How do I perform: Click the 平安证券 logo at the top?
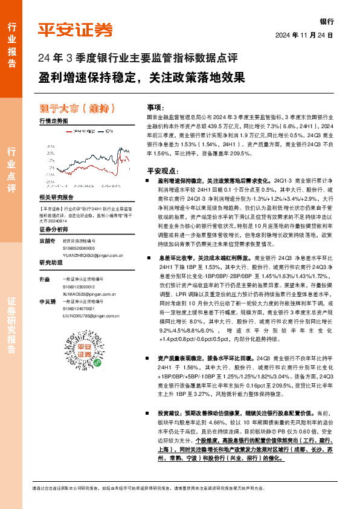click(x=76, y=29)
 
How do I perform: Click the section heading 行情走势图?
click(x=53, y=122)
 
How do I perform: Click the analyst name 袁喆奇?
click(x=47, y=241)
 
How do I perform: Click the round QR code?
click(x=85, y=350)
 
